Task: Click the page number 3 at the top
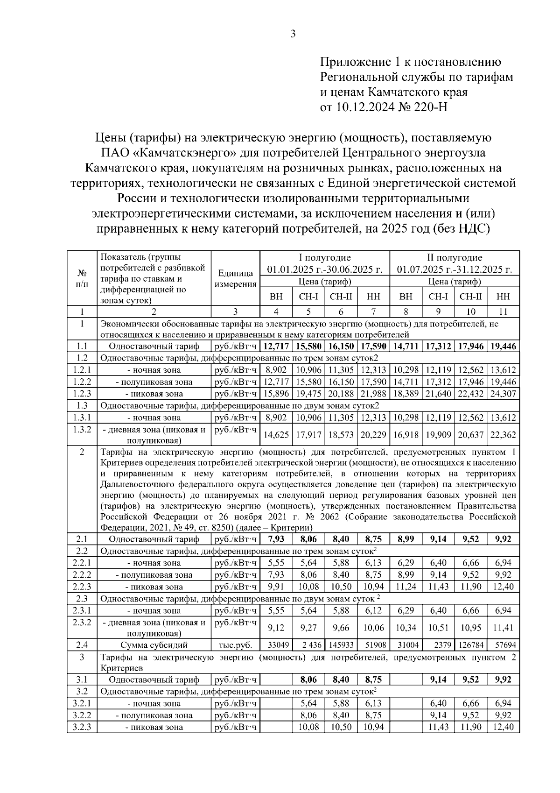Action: coord(293,34)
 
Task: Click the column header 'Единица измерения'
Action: coord(235,279)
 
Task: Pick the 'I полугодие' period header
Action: coord(325,258)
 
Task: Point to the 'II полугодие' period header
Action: coord(455,258)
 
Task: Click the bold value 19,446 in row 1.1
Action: coord(503,347)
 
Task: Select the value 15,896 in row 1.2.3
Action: coord(276,394)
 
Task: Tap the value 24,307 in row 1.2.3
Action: coord(503,394)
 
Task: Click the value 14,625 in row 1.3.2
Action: coord(276,435)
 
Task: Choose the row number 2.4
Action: coord(82,645)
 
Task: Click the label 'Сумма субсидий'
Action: coord(154,645)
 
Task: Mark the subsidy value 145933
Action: coord(341,645)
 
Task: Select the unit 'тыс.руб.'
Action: coord(235,645)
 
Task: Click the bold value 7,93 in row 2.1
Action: coord(276,539)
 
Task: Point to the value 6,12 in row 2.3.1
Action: coord(373,610)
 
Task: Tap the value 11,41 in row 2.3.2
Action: coord(503,628)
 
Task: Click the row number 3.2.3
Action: coord(82,727)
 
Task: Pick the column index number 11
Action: coord(503,312)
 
